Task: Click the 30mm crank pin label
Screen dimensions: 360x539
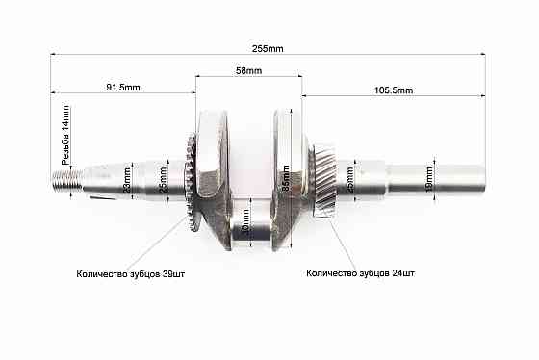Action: coord(247,228)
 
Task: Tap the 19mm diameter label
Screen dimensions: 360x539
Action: coord(429,178)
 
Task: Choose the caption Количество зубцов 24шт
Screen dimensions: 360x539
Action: coord(361,273)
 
